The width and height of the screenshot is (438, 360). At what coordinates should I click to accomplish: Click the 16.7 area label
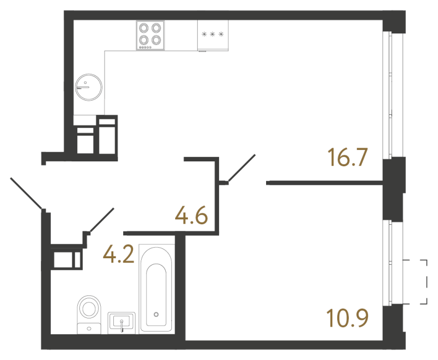pyautogui.click(x=347, y=158)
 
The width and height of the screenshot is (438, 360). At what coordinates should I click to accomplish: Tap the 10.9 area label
pyautogui.click(x=347, y=318)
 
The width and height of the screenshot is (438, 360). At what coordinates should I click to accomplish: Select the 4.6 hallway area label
pyautogui.click(x=192, y=215)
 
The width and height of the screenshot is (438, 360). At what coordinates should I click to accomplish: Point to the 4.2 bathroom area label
pyautogui.click(x=119, y=254)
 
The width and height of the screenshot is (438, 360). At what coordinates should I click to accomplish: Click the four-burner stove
pyautogui.click(x=150, y=36)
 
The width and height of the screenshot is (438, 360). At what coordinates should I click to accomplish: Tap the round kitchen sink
pyautogui.click(x=89, y=87)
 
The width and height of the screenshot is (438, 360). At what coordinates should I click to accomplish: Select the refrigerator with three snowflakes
pyautogui.click(x=213, y=36)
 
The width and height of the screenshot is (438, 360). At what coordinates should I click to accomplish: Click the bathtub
pyautogui.click(x=157, y=288)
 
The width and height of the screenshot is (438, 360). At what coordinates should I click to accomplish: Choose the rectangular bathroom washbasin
pyautogui.click(x=122, y=323)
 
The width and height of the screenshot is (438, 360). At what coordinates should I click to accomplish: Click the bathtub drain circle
pyautogui.click(x=156, y=315)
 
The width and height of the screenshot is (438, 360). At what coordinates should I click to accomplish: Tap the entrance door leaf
pyautogui.click(x=26, y=193)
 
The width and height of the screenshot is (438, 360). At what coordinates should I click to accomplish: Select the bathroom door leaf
pyautogui.click(x=102, y=220)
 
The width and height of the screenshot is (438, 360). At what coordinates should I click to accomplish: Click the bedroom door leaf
pyautogui.click(x=242, y=168)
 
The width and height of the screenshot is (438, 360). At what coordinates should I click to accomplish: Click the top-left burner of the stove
pyautogui.click(x=144, y=28)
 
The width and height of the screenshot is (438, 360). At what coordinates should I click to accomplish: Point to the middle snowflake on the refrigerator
pyautogui.click(x=212, y=34)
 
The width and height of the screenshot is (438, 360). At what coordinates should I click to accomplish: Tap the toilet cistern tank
pyautogui.click(x=89, y=328)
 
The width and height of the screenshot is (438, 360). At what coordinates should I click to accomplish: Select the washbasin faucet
pyautogui.click(x=122, y=326)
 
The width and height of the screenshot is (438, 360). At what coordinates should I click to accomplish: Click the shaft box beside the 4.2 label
pyautogui.click(x=66, y=260)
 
